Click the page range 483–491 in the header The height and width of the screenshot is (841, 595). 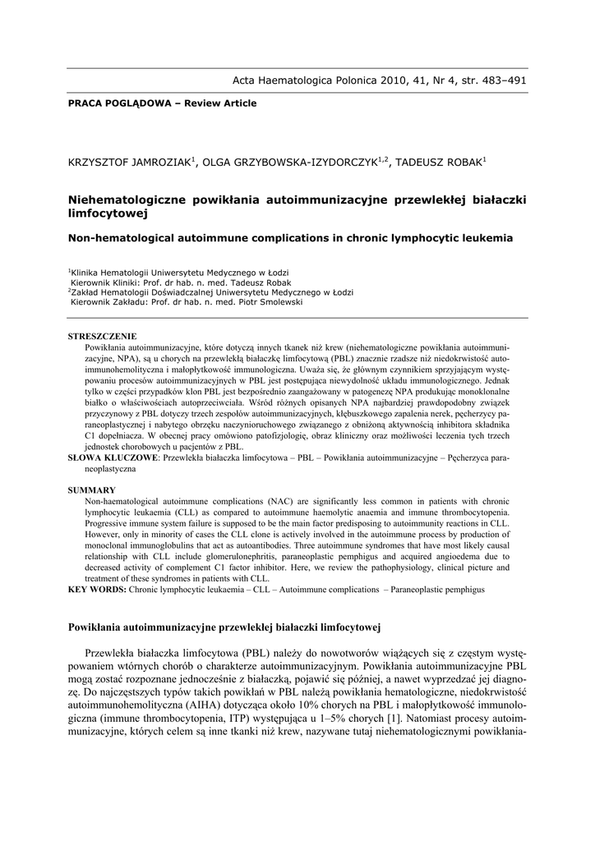coord(500,80)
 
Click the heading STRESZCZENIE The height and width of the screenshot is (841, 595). coord(102,337)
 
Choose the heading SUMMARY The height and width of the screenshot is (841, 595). coord(91,489)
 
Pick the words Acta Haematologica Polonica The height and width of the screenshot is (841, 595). coord(304,80)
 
